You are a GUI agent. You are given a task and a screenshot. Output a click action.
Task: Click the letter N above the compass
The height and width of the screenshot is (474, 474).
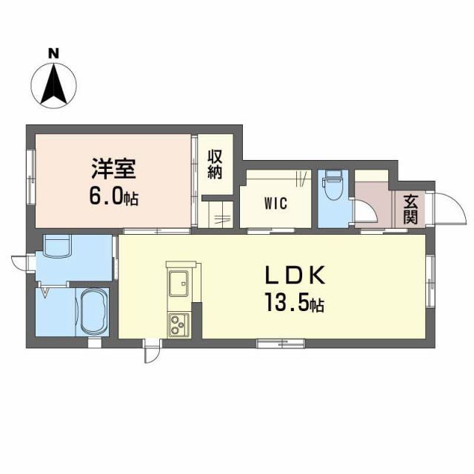click(53, 53)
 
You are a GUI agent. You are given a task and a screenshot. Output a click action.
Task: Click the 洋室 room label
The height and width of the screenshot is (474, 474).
click(112, 169)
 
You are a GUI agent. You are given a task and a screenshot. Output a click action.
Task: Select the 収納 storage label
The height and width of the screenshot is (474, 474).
click(215, 164)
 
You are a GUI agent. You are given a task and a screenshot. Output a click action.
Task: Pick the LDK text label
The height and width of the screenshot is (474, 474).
click(295, 275)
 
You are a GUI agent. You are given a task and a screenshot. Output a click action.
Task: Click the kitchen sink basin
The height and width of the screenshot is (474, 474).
click(178, 282)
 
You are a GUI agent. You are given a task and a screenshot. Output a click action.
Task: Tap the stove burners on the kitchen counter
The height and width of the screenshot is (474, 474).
click(178, 323)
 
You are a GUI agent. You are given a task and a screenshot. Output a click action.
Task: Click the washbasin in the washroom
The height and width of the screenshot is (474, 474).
click(57, 247)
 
